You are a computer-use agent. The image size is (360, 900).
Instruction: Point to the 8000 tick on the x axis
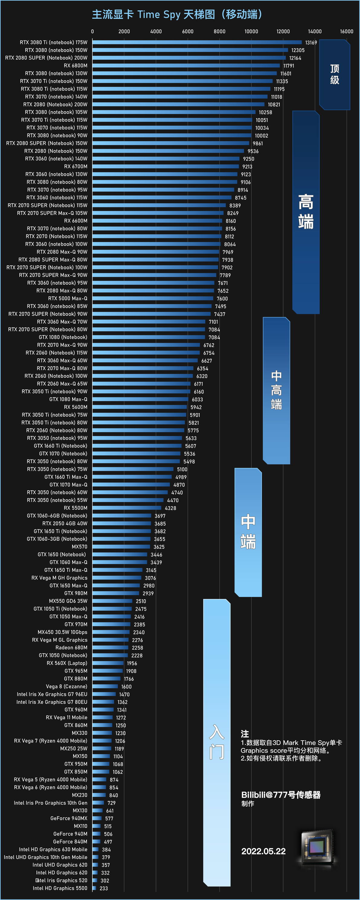(x=220, y=31)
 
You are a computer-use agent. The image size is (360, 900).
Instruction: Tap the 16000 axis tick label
(x=346, y=31)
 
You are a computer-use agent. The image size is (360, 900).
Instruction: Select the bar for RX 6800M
(x=186, y=65)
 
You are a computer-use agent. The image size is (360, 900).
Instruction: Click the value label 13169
(x=311, y=43)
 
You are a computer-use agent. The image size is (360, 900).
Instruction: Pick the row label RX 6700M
(x=76, y=166)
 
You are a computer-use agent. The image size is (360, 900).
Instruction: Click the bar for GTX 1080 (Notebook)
(x=149, y=337)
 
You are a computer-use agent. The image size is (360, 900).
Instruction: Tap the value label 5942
(x=196, y=407)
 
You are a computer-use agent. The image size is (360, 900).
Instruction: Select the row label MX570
(x=79, y=547)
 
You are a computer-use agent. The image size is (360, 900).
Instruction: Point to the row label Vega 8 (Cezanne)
(x=67, y=687)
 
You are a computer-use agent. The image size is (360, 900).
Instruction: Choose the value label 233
(x=104, y=888)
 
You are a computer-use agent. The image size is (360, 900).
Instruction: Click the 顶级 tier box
(x=335, y=74)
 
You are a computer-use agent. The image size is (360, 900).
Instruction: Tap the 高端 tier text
(x=306, y=212)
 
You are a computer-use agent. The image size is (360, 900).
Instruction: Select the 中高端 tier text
(x=276, y=390)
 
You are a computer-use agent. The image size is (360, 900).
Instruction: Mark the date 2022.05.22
(x=264, y=851)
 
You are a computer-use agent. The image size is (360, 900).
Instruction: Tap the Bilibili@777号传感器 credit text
(x=281, y=795)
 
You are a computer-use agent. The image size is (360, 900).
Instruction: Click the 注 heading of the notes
(x=245, y=734)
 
